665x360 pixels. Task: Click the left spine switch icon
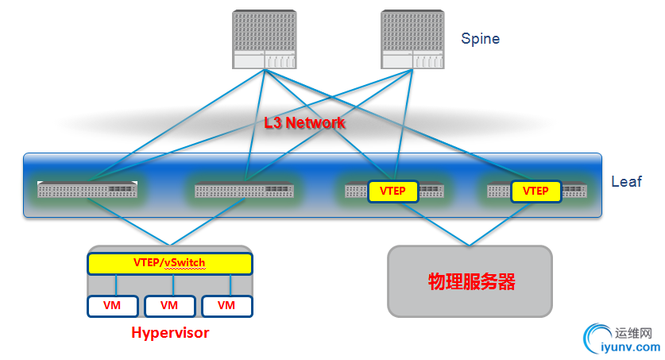[x=264, y=40]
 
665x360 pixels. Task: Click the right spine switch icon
[x=412, y=40]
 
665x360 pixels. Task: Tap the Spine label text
[x=480, y=38]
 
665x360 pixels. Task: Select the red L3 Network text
[x=304, y=123]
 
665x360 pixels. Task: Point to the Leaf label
[x=625, y=182]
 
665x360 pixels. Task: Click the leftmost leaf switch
[x=87, y=190]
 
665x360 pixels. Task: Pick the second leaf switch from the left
[x=244, y=191]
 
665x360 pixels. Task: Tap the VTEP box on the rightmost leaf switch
[x=535, y=191]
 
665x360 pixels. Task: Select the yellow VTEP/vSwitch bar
[x=169, y=263]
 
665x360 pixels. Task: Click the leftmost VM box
[x=112, y=306]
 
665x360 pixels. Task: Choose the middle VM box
[x=168, y=306]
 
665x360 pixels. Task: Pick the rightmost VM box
[x=226, y=306]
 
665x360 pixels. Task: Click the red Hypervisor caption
[x=170, y=333]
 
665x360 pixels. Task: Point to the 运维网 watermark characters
[x=633, y=332]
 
